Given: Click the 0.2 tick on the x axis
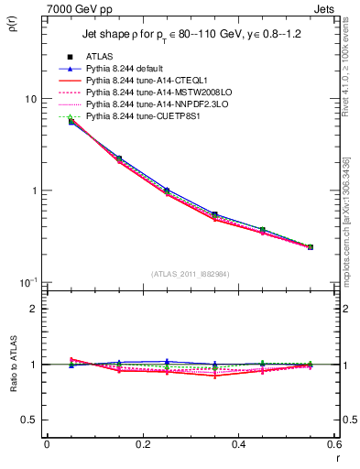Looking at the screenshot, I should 142,445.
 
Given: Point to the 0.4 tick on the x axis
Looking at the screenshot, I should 238,445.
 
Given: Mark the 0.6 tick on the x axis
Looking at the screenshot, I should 333,445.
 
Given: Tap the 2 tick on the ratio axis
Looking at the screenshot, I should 34,309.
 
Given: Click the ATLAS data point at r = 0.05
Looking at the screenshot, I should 71,122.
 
